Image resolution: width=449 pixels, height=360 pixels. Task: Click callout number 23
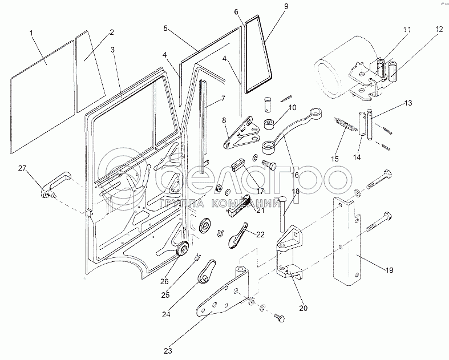pyautogui.click(x=168, y=350)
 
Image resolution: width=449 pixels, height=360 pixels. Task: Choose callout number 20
pyautogui.click(x=303, y=308)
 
